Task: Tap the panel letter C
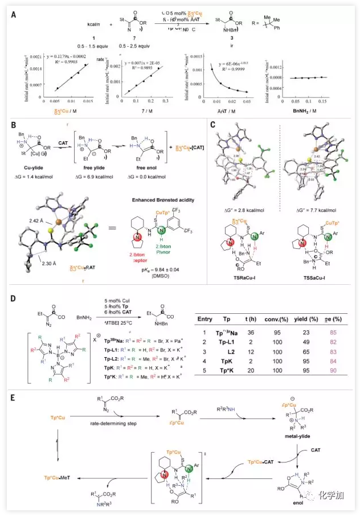(212, 124)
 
